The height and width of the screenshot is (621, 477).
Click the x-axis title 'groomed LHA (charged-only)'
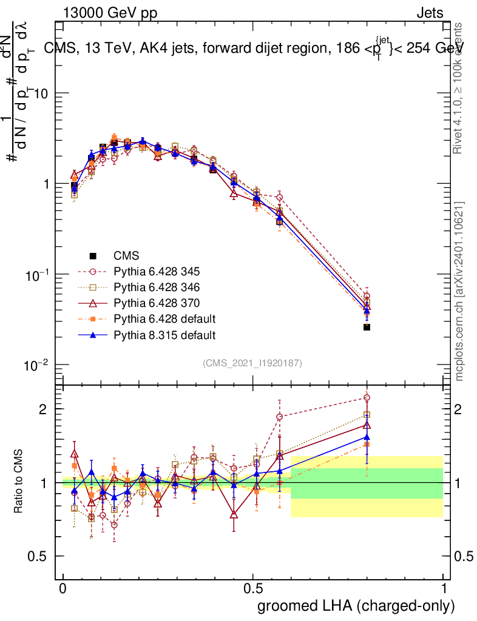pyautogui.click(x=357, y=606)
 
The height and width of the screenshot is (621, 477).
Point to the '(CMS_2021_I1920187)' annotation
pyautogui.click(x=252, y=363)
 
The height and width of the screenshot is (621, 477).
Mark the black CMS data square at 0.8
pyautogui.click(x=367, y=327)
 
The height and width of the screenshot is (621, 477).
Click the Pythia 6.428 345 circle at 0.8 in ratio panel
pyautogui.click(x=367, y=398)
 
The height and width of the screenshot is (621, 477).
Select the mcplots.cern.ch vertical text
pyautogui.click(x=460, y=291)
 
